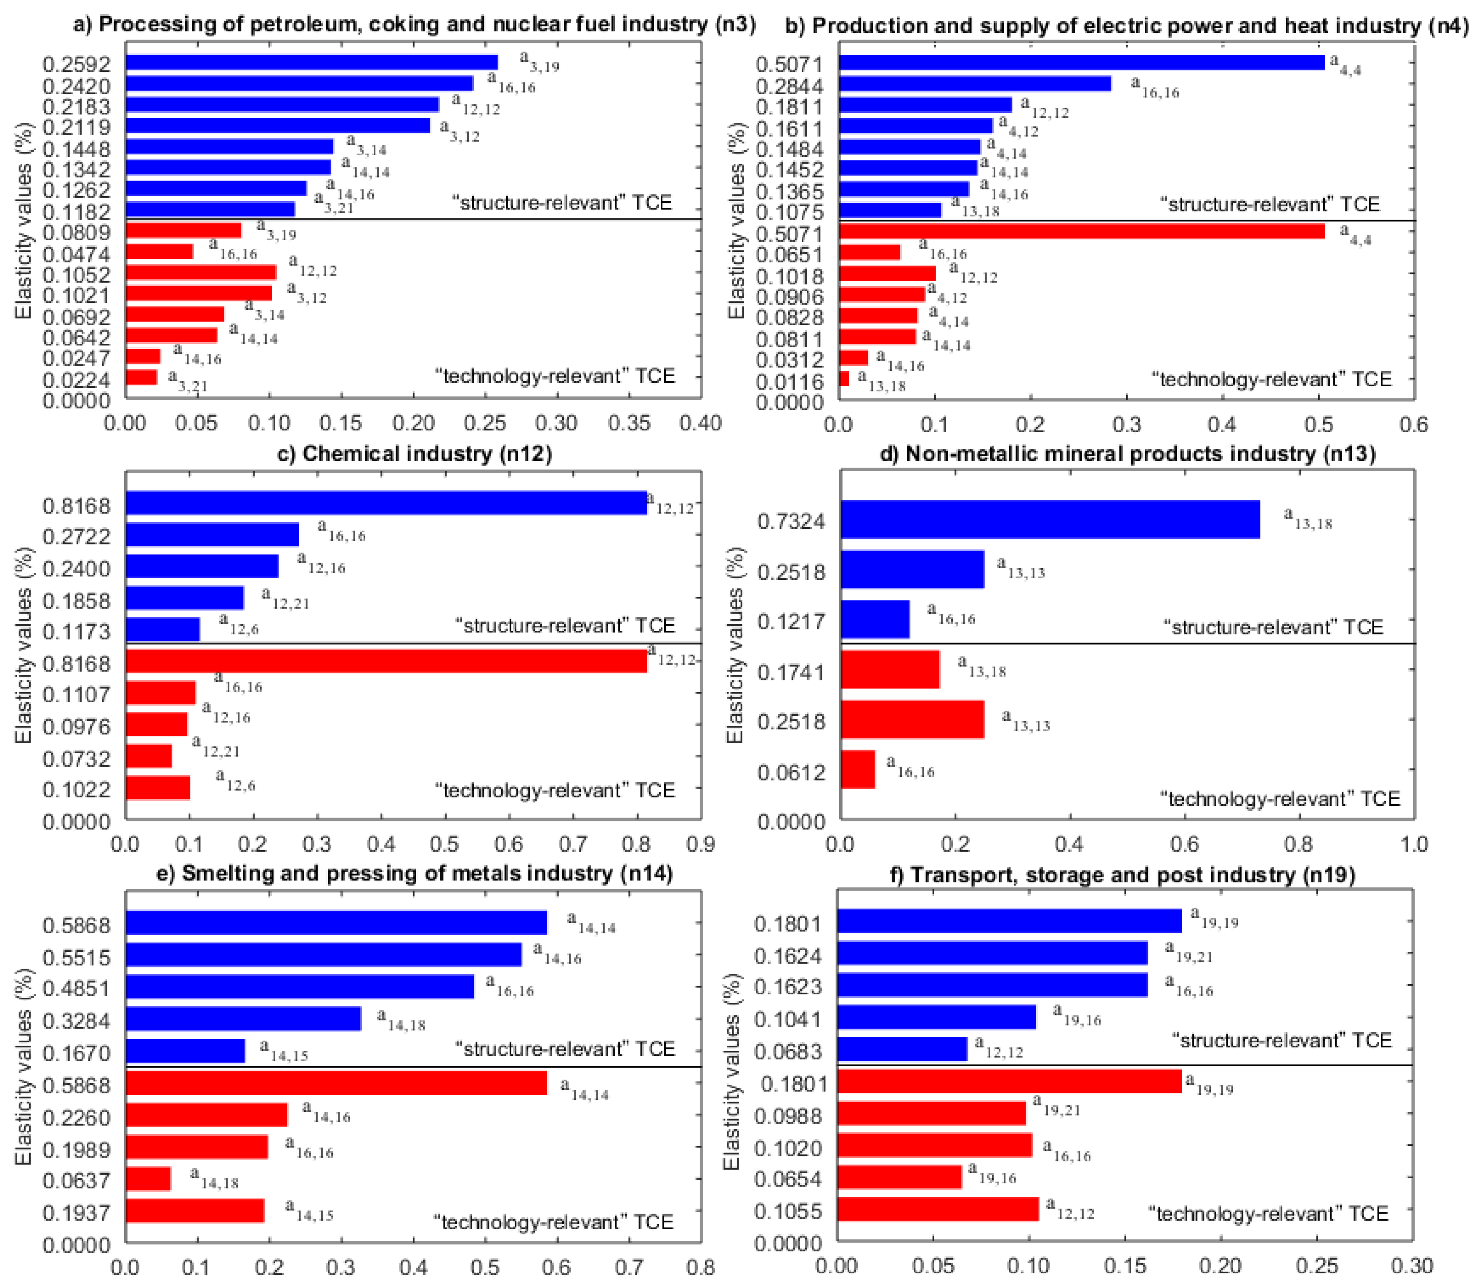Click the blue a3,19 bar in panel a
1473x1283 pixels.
point(311,62)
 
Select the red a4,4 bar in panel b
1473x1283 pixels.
point(1081,231)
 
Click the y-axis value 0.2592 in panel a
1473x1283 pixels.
point(77,64)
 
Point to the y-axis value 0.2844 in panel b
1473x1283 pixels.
point(790,86)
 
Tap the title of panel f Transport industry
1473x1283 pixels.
point(1122,875)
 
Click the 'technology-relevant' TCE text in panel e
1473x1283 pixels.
point(553,1222)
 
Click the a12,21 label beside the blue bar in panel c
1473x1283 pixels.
point(285,598)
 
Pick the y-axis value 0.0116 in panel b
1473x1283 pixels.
point(790,382)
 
